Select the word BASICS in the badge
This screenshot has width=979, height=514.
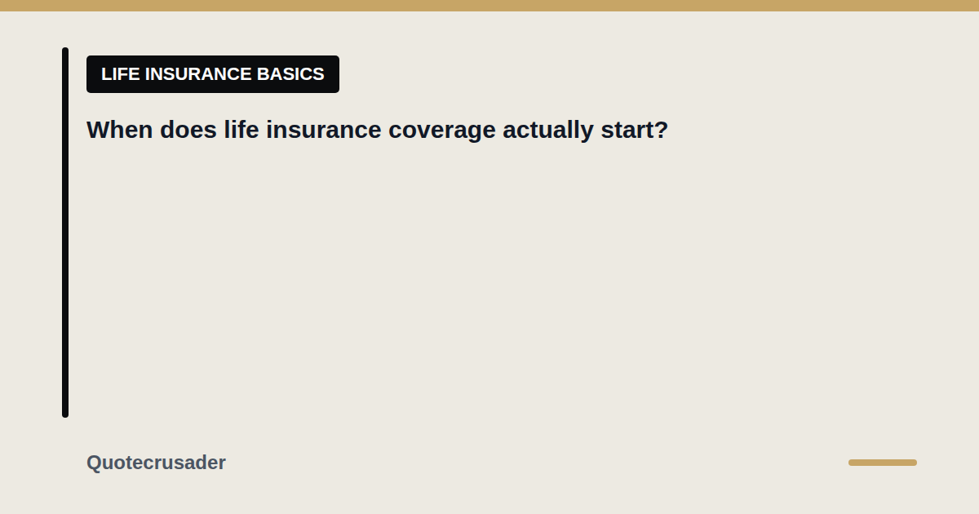coord(290,74)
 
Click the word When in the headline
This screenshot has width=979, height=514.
coord(119,130)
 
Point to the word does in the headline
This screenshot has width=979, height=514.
coord(188,130)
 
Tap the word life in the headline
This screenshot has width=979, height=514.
coord(241,130)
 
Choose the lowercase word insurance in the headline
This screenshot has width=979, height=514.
coord(323,130)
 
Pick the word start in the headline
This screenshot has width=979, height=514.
coord(626,131)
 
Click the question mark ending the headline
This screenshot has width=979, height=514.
coord(660,130)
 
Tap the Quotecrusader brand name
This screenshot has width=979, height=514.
coord(156,463)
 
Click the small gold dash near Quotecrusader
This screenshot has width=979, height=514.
coord(883,463)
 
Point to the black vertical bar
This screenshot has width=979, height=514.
coord(65,233)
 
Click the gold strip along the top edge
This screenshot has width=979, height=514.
coord(489,6)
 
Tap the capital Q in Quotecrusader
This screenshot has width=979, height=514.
coord(95,463)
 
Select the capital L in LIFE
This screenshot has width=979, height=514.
coord(106,74)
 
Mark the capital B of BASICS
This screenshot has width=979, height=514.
coord(263,74)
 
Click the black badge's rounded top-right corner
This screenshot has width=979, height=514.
coord(338,57)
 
